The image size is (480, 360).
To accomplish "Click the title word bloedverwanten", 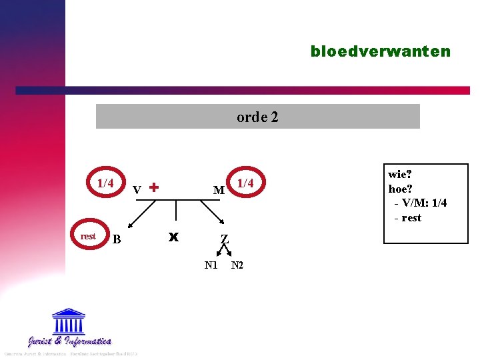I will [380, 51].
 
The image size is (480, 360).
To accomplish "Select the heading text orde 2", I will [257, 117].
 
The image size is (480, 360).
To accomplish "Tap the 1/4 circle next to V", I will [105, 183].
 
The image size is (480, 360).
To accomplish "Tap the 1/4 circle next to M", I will [246, 183].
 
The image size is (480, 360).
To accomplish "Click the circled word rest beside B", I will [88, 236].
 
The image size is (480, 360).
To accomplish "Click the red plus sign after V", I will [154, 187].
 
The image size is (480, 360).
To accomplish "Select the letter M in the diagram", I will [218, 191].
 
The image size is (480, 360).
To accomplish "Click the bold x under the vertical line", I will [174, 237].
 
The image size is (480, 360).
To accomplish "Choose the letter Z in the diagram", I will [225, 239].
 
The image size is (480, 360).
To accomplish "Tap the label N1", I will [211, 265].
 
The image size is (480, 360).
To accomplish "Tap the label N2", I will [237, 265].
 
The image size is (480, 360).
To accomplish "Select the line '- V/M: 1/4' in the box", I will [420, 203].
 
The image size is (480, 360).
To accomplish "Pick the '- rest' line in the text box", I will [407, 217].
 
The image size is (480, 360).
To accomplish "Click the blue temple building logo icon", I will [69, 321].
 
